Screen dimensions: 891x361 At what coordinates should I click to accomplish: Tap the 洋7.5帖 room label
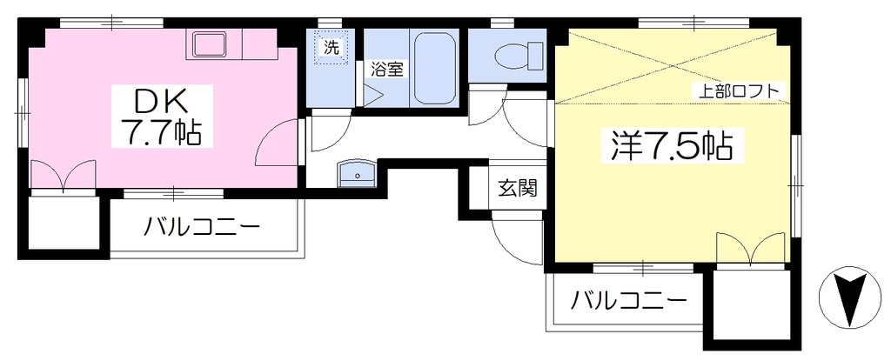[x=671, y=146]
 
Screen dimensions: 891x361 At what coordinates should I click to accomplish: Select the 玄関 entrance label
[x=518, y=187]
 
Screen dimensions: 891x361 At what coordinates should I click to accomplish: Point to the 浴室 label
[x=387, y=70]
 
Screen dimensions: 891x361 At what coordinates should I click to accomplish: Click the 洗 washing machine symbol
[x=331, y=48]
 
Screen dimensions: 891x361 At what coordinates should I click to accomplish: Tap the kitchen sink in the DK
[x=209, y=43]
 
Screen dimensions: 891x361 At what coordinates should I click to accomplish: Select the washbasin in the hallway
[x=356, y=173]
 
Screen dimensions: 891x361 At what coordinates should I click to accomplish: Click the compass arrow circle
[x=849, y=297]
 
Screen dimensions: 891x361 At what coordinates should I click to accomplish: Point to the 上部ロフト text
[x=738, y=91]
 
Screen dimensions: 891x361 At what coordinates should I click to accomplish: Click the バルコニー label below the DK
[x=201, y=229]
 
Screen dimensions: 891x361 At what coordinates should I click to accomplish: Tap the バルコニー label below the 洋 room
[x=627, y=299]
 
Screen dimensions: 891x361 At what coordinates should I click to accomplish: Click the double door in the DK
[x=63, y=175]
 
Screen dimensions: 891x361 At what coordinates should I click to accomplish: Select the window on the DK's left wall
[x=23, y=115]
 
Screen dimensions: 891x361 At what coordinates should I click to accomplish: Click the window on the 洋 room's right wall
[x=795, y=184]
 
